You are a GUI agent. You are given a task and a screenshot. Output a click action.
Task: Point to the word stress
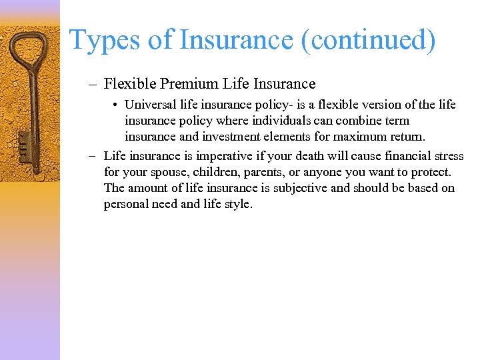click(x=448, y=156)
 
